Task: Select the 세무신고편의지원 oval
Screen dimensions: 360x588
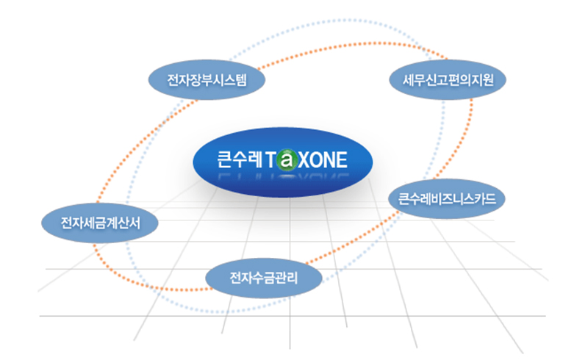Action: tap(449, 79)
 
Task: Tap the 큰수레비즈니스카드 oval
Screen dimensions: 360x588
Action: tap(448, 198)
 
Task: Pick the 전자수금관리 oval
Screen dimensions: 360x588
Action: tap(265, 278)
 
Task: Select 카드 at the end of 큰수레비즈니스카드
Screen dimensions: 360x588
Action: tap(486, 198)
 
